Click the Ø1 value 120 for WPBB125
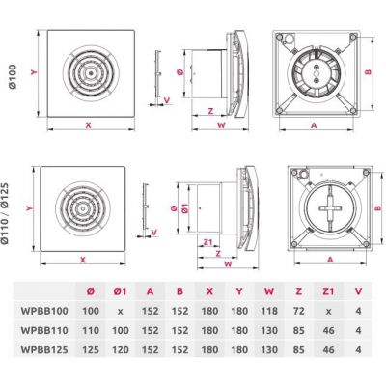click(118, 349)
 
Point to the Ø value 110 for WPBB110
click(91, 329)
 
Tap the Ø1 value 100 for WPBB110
click(118, 329)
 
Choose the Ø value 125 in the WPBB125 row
click(91, 349)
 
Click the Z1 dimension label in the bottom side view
click(208, 241)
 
